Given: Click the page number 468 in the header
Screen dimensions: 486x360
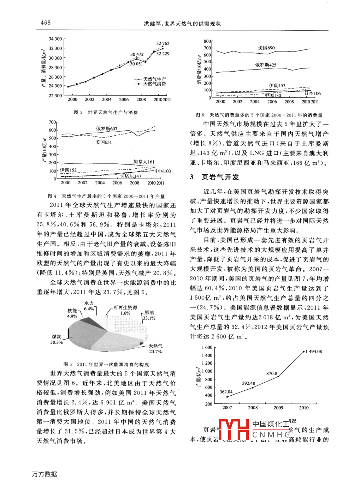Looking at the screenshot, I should coord(46,23).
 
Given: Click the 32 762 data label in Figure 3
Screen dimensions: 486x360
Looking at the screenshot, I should coord(163,44).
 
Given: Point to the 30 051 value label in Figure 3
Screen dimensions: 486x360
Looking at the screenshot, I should coord(136,64).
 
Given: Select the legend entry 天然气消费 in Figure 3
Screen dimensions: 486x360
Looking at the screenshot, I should coord(154,84).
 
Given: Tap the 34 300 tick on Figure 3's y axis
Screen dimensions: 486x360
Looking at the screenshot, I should coord(55,39).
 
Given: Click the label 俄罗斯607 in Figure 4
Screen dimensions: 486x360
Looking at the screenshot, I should coord(107,129).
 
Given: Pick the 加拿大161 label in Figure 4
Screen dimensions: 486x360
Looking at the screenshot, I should coord(144,162).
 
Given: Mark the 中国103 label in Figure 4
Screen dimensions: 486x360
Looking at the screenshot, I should coord(163,171).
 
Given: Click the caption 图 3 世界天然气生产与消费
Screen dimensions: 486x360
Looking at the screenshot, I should coord(106,112).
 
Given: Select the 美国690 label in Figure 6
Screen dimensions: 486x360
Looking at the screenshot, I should coord(266,48).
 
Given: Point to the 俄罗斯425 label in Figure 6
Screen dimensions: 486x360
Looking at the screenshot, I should coord(266,65).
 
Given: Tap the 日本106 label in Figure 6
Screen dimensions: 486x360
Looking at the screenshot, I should coord(313,94).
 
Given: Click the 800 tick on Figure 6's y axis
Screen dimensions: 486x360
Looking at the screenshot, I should coord(207,41).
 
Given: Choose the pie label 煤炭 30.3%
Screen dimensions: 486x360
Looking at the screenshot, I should coord(57,340).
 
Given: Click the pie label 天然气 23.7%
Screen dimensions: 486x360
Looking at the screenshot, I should coord(155,349).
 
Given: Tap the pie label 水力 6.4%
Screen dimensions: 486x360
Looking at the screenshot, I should coord(89,306).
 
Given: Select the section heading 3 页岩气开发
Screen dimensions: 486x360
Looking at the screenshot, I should coord(214,177).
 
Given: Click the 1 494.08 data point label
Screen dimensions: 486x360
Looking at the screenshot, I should coord(314,352).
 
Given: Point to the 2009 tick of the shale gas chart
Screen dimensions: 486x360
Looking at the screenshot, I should coord(278,408).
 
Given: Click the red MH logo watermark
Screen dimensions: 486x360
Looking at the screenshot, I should coord(234,429).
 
